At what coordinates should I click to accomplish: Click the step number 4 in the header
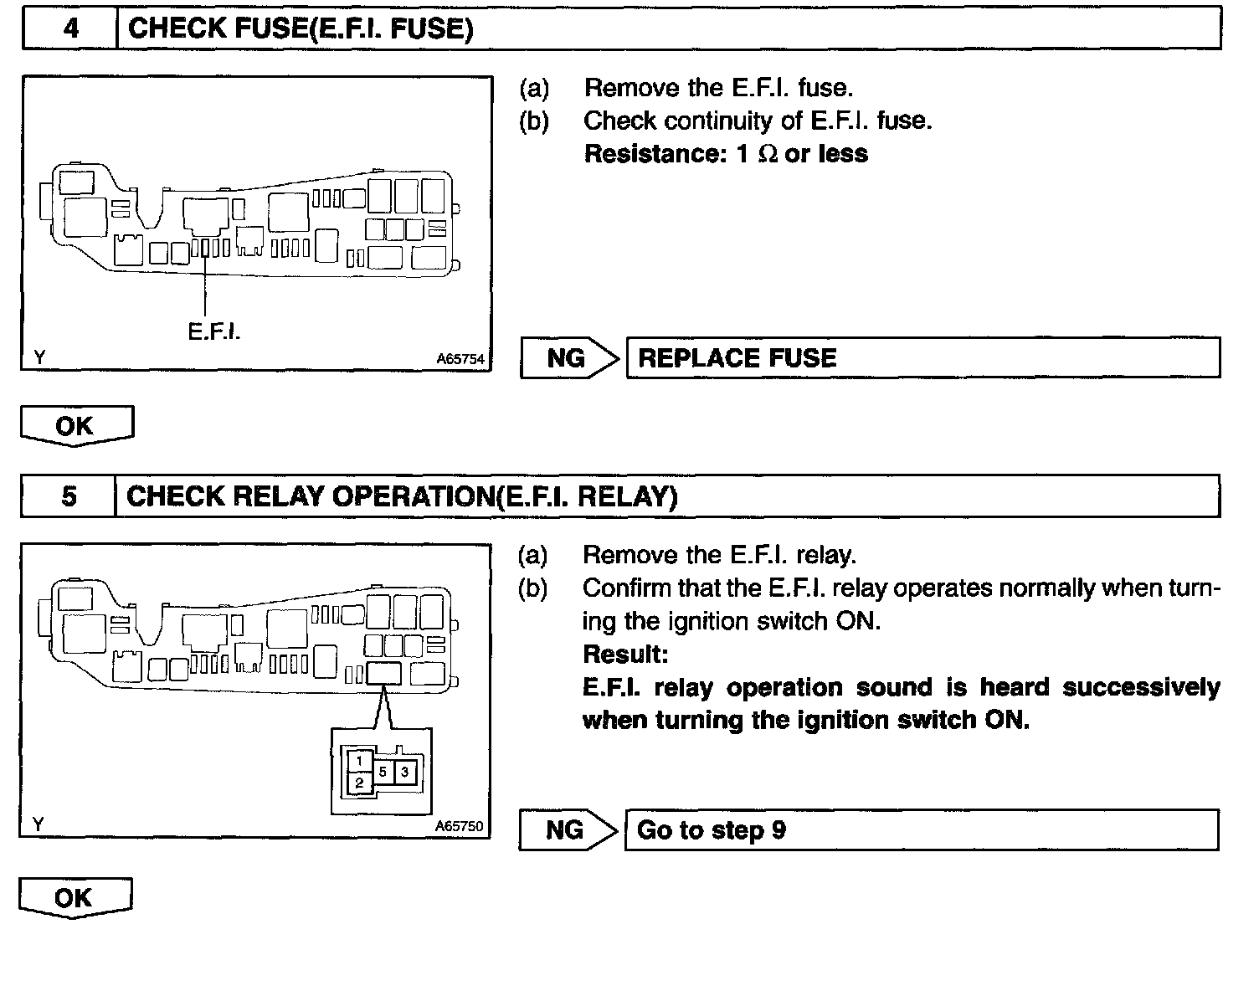pyautogui.click(x=71, y=28)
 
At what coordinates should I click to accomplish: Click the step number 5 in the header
pyautogui.click(x=69, y=496)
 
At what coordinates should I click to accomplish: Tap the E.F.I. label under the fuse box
pyautogui.click(x=214, y=332)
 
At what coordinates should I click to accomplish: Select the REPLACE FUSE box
pyautogui.click(x=922, y=358)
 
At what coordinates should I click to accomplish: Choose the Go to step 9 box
pyautogui.click(x=921, y=830)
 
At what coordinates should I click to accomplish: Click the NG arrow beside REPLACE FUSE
pyautogui.click(x=569, y=358)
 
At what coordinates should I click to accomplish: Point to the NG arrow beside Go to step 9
pyautogui.click(x=568, y=830)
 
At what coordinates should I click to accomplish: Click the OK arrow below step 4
pyautogui.click(x=76, y=426)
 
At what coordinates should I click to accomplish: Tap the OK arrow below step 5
pyautogui.click(x=75, y=898)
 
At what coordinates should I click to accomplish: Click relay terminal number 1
pyautogui.click(x=359, y=761)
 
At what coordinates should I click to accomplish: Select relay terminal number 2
pyautogui.click(x=359, y=783)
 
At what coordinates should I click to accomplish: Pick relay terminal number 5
pyautogui.click(x=383, y=772)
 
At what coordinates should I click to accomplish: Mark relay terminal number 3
pyautogui.click(x=404, y=772)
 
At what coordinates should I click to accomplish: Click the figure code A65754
pyautogui.click(x=460, y=359)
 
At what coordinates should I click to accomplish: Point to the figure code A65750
pyautogui.click(x=459, y=826)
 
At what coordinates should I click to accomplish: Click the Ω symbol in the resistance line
pyautogui.click(x=767, y=155)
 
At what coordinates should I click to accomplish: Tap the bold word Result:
pyautogui.click(x=625, y=655)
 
